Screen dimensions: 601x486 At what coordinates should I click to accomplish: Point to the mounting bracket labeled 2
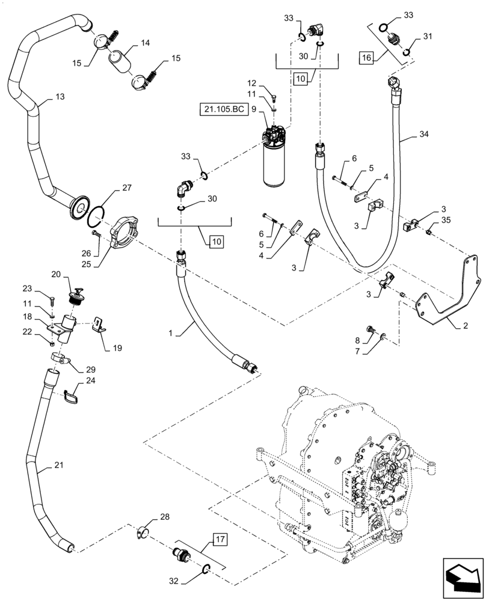[451, 294]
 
